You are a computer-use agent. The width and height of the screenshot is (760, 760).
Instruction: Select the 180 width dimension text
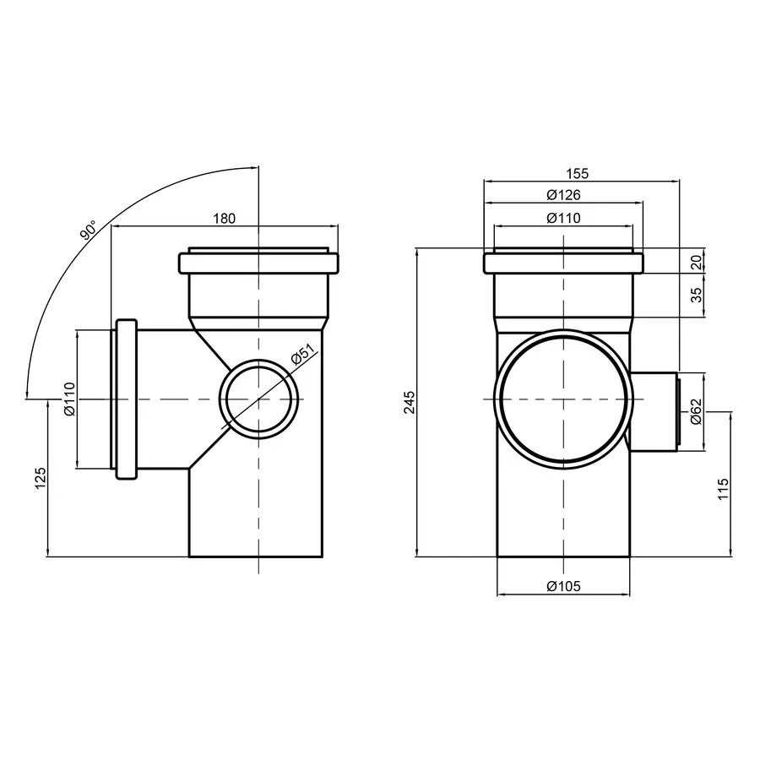pos(224,219)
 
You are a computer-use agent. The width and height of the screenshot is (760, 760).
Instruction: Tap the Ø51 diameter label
pos(302,357)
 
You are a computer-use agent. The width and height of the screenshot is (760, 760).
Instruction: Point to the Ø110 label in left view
pos(69,399)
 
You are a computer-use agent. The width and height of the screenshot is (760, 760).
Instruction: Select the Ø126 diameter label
pos(563,195)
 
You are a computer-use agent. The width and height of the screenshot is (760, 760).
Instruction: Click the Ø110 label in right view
pos(563,218)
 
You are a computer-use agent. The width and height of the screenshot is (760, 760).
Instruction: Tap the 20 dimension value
pos(696,262)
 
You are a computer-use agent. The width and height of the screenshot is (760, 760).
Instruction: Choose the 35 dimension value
pos(696,296)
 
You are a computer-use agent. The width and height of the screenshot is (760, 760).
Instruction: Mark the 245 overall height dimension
pos(410,403)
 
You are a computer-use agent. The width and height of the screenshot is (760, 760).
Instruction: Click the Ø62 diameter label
pos(696,411)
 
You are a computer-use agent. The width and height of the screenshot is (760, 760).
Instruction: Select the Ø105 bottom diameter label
pos(563,586)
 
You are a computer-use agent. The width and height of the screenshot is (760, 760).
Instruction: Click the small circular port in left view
pos(260,399)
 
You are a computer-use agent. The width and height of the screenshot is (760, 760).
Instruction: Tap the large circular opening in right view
pos(563,399)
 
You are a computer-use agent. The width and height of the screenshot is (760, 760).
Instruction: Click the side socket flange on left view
pos(126,399)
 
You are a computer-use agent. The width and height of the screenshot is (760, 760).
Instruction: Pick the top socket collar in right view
pos(563,263)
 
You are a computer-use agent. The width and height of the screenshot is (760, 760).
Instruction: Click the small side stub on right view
pos(655,411)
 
